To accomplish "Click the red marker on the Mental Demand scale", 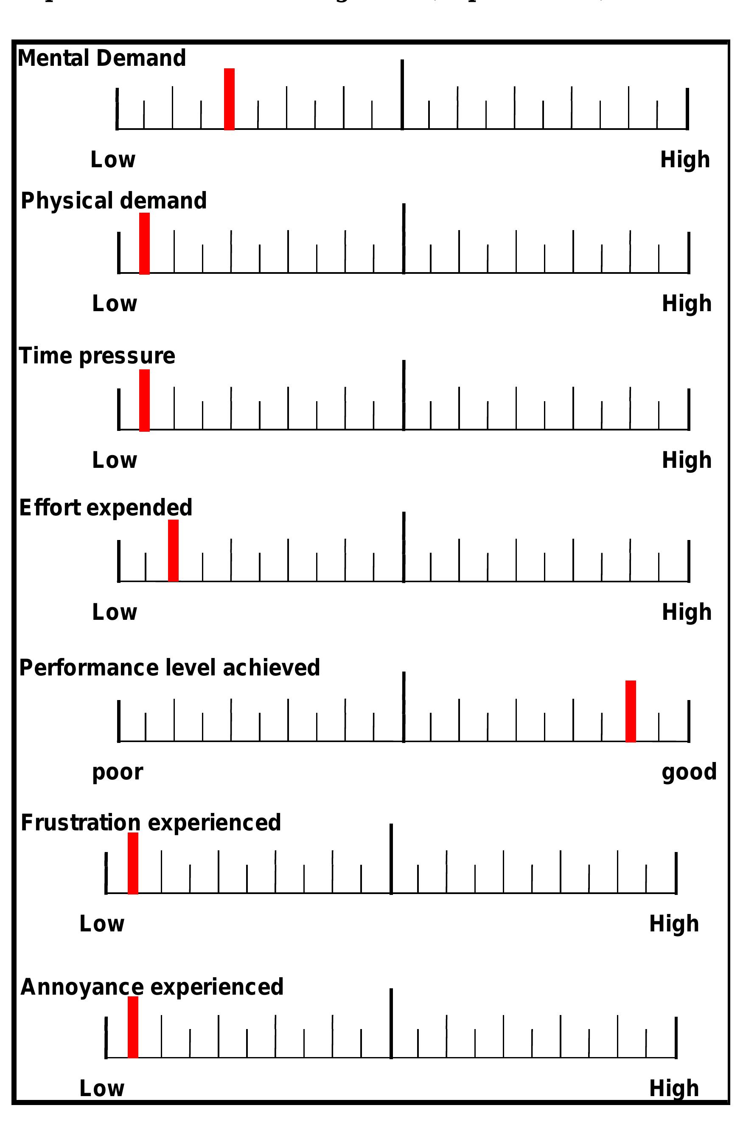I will (x=229, y=99).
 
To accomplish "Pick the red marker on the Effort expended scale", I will (x=173, y=550).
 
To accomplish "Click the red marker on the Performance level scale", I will (x=631, y=711).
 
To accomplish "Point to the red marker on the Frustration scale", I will (x=132, y=863).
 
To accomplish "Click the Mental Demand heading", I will (x=101, y=59).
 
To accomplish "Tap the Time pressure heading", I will (x=97, y=356).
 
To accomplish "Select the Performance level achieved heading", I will (x=169, y=668).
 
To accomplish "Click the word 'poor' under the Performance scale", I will (x=117, y=772).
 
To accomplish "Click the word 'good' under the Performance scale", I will (x=688, y=772).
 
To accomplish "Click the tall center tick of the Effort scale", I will (x=404, y=547).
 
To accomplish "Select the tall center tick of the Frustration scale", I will (x=391, y=859).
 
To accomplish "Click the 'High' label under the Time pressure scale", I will (x=686, y=460).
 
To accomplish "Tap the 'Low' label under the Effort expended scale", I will (x=114, y=612).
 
